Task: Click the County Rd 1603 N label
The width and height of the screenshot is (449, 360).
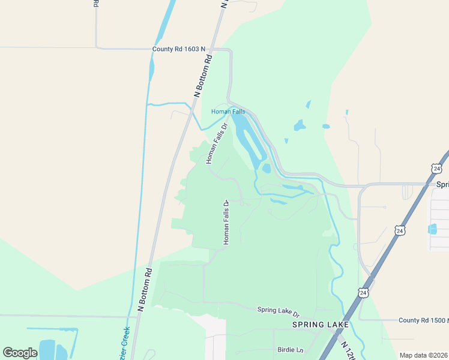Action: (179, 49)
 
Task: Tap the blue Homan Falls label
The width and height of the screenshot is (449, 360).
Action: (228, 112)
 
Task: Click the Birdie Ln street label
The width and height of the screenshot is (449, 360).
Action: (291, 349)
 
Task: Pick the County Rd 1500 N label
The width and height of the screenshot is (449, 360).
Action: (423, 321)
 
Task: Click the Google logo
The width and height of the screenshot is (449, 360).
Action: (20, 352)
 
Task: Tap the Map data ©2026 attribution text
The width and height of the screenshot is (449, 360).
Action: (423, 355)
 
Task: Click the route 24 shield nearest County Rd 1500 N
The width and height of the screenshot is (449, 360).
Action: (363, 292)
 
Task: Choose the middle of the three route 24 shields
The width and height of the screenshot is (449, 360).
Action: (400, 230)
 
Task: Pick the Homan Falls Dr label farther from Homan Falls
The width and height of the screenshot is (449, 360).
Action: (226, 222)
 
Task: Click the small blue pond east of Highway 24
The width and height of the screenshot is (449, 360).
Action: (433, 229)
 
